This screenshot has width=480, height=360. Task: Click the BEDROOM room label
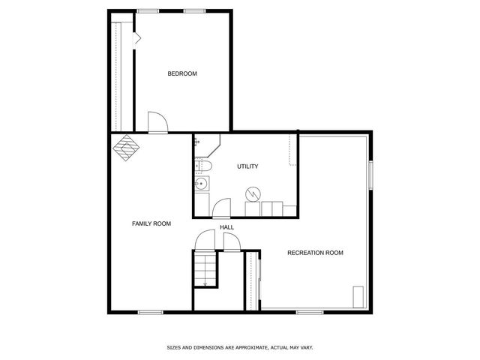tap(181, 73)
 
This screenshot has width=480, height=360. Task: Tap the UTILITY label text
tap(247, 166)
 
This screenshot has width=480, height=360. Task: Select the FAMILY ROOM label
tap(151, 223)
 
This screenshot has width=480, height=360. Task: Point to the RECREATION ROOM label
tap(315, 253)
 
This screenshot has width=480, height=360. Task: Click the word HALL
tap(226, 227)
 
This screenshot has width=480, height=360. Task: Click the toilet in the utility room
tap(204, 165)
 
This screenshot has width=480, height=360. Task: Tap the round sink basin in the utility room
tap(201, 184)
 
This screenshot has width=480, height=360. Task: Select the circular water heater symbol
tap(253, 194)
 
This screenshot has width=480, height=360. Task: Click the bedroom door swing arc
tap(157, 122)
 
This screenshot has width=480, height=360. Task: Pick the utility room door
tap(221, 208)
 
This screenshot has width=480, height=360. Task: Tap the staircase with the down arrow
tap(205, 268)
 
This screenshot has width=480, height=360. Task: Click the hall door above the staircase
tap(204, 241)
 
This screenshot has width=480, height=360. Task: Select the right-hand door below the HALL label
tap(230, 241)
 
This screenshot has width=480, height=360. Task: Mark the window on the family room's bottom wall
tap(150, 311)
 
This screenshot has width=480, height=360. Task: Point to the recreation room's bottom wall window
tap(309, 311)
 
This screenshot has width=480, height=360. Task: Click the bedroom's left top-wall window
tap(148, 10)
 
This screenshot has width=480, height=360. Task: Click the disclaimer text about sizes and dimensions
tap(239, 348)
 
